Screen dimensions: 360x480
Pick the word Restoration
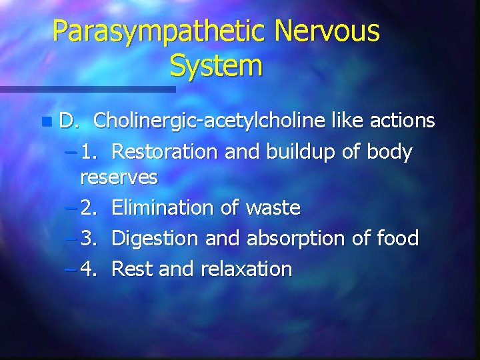pyautogui.click(x=164, y=152)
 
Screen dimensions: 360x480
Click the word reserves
pyautogui.click(x=119, y=177)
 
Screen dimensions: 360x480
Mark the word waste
pyautogui.click(x=273, y=208)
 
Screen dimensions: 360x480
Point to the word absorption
pyautogui.click(x=296, y=238)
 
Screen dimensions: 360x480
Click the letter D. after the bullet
pyautogui.click(x=69, y=121)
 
